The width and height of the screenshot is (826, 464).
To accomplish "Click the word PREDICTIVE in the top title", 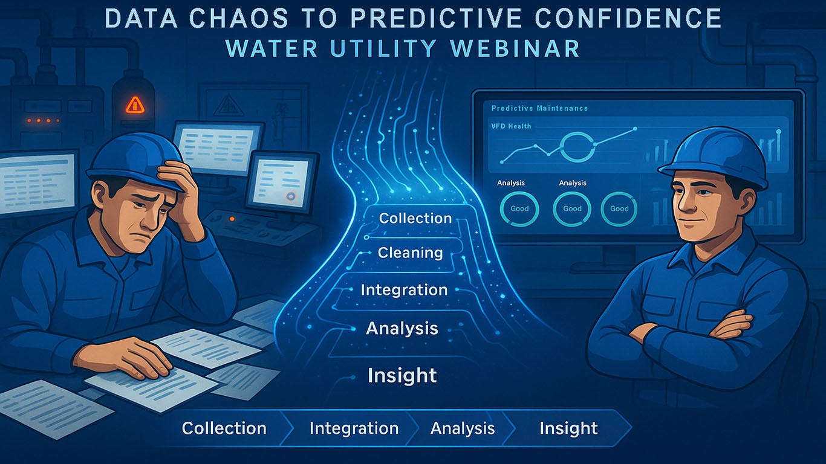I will pos(421,18).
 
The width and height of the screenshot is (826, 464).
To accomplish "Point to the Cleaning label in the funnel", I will pos(410,253).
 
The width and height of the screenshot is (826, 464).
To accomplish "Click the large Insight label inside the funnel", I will pos(402,376).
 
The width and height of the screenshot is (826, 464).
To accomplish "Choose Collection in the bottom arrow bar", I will pos(224,428).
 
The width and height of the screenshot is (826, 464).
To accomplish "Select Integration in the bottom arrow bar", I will pos(354,428).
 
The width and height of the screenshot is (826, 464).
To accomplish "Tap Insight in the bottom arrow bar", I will pos(568,428).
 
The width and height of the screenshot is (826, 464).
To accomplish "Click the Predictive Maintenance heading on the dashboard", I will pos(539,108).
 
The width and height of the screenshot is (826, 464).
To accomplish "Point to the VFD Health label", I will pos(511,126).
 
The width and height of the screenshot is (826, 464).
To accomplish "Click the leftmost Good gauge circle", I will pos(519,208).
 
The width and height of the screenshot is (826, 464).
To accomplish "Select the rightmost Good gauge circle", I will pos(619,208).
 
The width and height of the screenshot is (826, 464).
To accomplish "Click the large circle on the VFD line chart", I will pos(577,146).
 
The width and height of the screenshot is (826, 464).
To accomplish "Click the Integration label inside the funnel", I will pos(404,290).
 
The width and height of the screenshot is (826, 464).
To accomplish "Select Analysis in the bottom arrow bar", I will pos(463,428).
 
